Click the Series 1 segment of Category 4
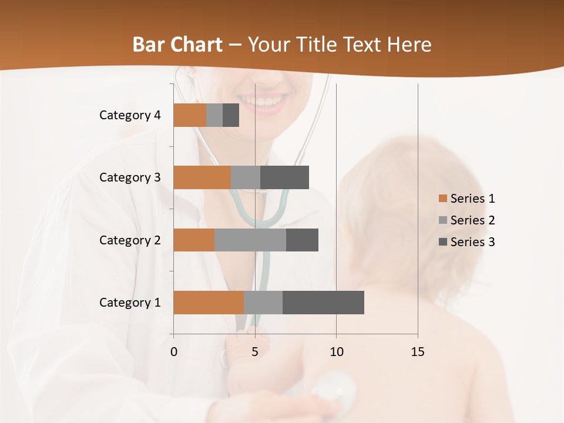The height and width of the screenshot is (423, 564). point(190,115)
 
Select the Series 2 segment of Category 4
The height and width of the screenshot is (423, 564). point(214,115)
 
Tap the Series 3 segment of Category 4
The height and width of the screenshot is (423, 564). point(231,115)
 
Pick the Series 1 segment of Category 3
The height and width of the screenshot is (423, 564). point(202,177)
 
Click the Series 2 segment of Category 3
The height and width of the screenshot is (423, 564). point(246,177)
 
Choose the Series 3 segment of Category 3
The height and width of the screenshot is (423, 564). point(284,177)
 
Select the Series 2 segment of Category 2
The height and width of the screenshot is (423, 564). point(250,240)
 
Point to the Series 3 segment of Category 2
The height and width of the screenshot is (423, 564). point(302,240)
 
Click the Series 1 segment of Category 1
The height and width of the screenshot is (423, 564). point(209,303)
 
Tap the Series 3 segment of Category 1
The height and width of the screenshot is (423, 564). point(323,303)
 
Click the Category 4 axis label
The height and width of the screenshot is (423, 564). point(130,115)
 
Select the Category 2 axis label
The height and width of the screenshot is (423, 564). point(130,240)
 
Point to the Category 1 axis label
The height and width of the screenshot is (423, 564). point(130,303)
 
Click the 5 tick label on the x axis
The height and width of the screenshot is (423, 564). point(255,352)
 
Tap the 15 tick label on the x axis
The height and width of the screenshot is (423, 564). point(418,352)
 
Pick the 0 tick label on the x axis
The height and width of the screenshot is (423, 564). point(174,352)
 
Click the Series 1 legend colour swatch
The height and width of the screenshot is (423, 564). point(442,199)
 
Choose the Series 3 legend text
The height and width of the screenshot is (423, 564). point(472,242)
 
